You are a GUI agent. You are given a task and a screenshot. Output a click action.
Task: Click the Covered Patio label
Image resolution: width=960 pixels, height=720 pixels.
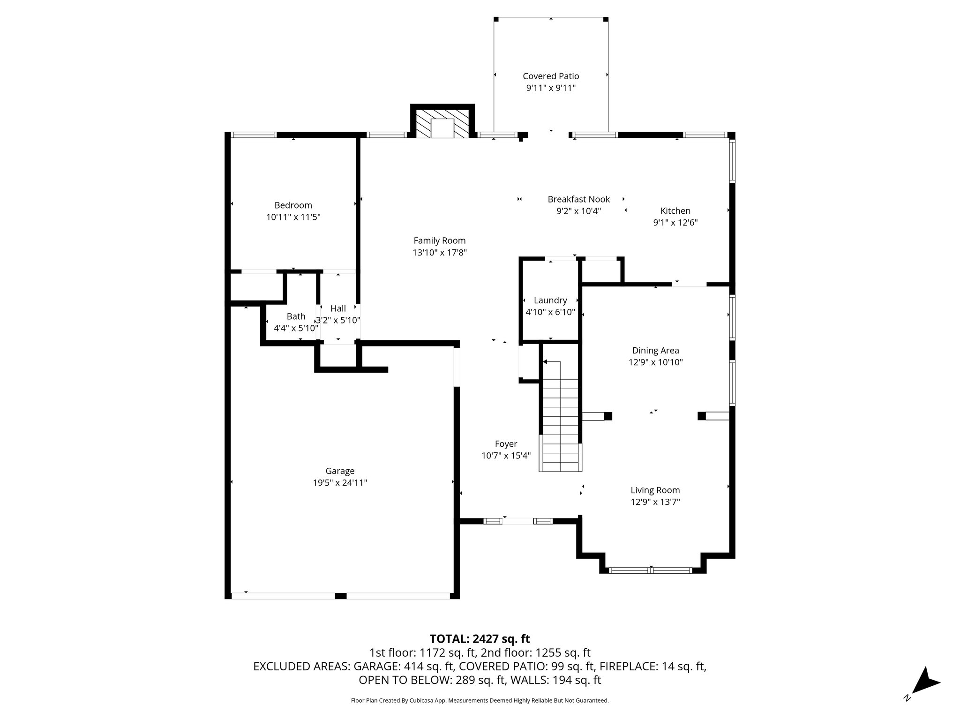coord(551,76)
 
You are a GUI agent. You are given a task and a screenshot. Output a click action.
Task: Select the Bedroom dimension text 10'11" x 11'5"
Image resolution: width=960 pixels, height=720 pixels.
coord(293,217)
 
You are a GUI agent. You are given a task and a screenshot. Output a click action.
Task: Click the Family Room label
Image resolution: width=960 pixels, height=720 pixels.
coord(439,240)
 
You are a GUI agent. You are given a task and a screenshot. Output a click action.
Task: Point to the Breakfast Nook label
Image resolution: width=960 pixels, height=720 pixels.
coord(578,199)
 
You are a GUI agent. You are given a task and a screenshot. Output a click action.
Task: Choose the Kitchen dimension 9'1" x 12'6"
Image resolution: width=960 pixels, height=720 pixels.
coord(675,223)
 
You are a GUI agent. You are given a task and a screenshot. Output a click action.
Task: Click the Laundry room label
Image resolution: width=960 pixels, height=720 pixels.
coord(550,300)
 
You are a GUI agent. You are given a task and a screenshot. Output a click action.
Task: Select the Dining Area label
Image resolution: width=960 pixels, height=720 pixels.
coord(655,350)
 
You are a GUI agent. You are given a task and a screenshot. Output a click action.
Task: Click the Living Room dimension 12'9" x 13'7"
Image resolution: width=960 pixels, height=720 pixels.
coord(655,502)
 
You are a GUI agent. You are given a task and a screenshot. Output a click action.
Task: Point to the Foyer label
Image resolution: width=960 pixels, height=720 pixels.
coord(506,443)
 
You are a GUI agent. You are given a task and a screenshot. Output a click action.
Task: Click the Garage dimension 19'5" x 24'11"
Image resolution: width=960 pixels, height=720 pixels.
coord(340,483)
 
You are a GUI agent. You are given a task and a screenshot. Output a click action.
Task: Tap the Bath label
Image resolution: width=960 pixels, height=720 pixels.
coord(296,316)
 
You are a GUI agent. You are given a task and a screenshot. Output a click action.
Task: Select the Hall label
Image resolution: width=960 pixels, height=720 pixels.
coord(338,308)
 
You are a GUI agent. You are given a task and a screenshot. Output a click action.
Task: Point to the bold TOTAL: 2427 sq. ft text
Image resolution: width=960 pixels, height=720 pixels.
coord(480,638)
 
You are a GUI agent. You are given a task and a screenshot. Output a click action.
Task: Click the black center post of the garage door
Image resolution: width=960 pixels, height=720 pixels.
coord(341,596)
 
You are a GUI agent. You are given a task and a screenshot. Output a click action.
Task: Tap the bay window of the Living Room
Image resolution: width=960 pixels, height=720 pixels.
coord(651,570)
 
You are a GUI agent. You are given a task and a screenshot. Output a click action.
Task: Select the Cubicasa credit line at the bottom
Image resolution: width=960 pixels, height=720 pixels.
coord(480,700)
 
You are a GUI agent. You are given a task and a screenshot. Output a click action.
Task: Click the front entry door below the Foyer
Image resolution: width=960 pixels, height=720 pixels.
coord(518,521)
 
